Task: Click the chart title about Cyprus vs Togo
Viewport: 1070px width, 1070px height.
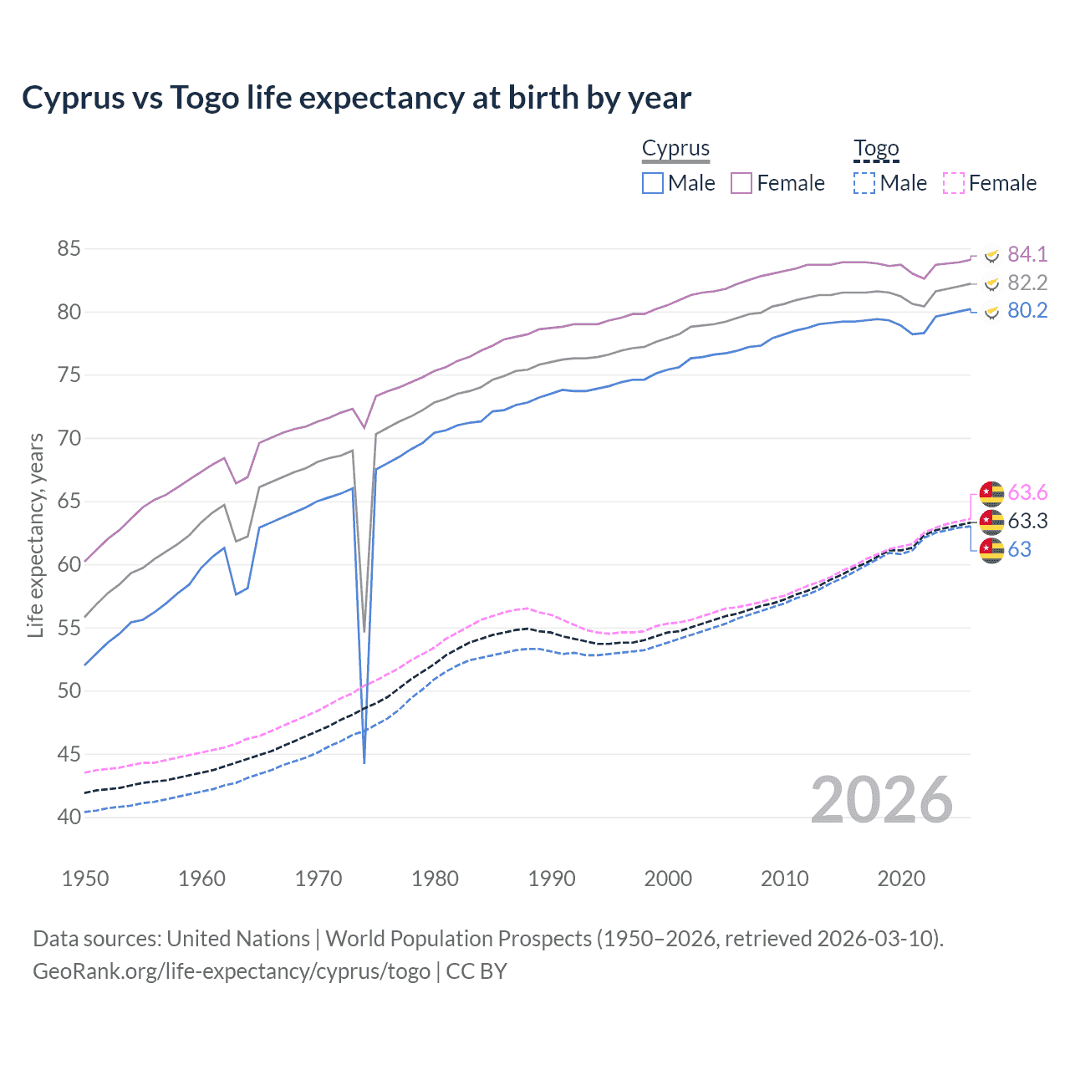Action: point(356,98)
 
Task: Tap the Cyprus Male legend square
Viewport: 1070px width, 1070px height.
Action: point(653,183)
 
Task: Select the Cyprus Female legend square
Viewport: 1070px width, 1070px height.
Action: point(741,183)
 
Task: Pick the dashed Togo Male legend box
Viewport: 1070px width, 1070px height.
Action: point(864,183)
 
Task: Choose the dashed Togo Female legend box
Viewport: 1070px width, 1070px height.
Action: point(953,183)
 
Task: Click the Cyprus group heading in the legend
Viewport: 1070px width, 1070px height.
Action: point(675,148)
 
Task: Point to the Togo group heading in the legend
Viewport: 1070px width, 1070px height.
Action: point(875,148)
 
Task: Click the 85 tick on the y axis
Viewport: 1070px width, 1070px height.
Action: point(69,248)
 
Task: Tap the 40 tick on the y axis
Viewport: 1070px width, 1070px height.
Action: point(69,817)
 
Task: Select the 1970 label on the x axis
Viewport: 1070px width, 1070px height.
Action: point(318,879)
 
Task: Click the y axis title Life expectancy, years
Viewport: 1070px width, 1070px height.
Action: point(35,535)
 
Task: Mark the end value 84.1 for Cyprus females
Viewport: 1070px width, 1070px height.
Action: point(1027,254)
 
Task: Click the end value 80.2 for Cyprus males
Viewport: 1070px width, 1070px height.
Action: point(1027,311)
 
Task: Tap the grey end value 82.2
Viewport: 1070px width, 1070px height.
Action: point(1027,283)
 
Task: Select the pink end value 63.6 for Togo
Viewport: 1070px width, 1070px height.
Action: point(1027,492)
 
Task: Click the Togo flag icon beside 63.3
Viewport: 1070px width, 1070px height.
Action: point(991,522)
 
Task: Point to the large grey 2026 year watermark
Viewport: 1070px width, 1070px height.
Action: point(881,800)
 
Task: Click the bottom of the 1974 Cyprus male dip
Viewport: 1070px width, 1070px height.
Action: point(364,762)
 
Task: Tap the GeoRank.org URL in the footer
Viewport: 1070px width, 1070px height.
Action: point(231,971)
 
